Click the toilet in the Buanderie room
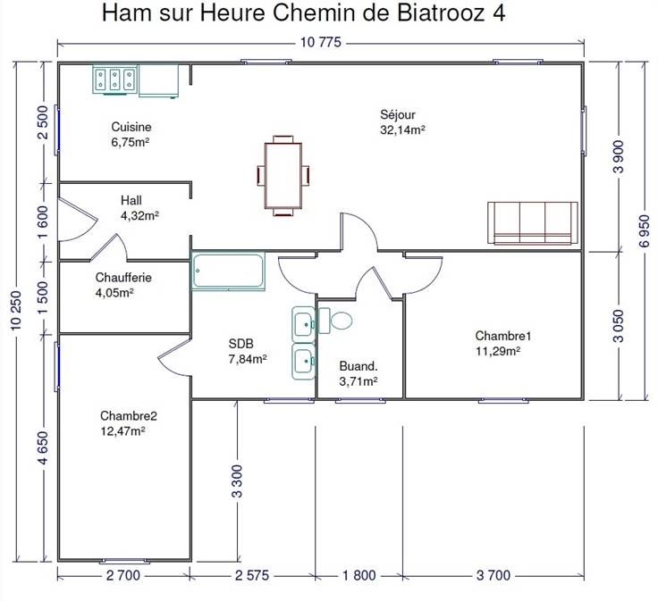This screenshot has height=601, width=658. tap(335, 321)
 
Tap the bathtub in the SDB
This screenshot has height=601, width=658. tap(229, 271)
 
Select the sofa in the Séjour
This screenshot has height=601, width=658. tap(533, 223)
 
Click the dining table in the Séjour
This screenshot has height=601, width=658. tap(283, 176)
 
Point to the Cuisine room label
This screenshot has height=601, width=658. tap(131, 127)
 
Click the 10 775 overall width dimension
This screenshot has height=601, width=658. tap(321, 42)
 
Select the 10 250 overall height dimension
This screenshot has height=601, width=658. tap(15, 310)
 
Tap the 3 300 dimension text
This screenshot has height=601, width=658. tap(237, 481)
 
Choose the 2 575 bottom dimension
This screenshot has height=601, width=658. tap(252, 575)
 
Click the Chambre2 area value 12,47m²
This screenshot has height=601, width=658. tap(123, 430)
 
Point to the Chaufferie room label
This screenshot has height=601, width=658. tap(123, 277)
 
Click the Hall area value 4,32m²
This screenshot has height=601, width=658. tap(139, 215)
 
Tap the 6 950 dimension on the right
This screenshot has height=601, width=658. tap(645, 231)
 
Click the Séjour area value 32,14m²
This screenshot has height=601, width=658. tap(403, 129)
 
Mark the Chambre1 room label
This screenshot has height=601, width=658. tap(503, 335)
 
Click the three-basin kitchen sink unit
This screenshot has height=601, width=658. tap(115, 79)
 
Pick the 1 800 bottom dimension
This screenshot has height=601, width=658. tap(359, 575)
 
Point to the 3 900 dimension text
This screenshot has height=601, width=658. tap(619, 157)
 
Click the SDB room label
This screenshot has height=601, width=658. tap(240, 344)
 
